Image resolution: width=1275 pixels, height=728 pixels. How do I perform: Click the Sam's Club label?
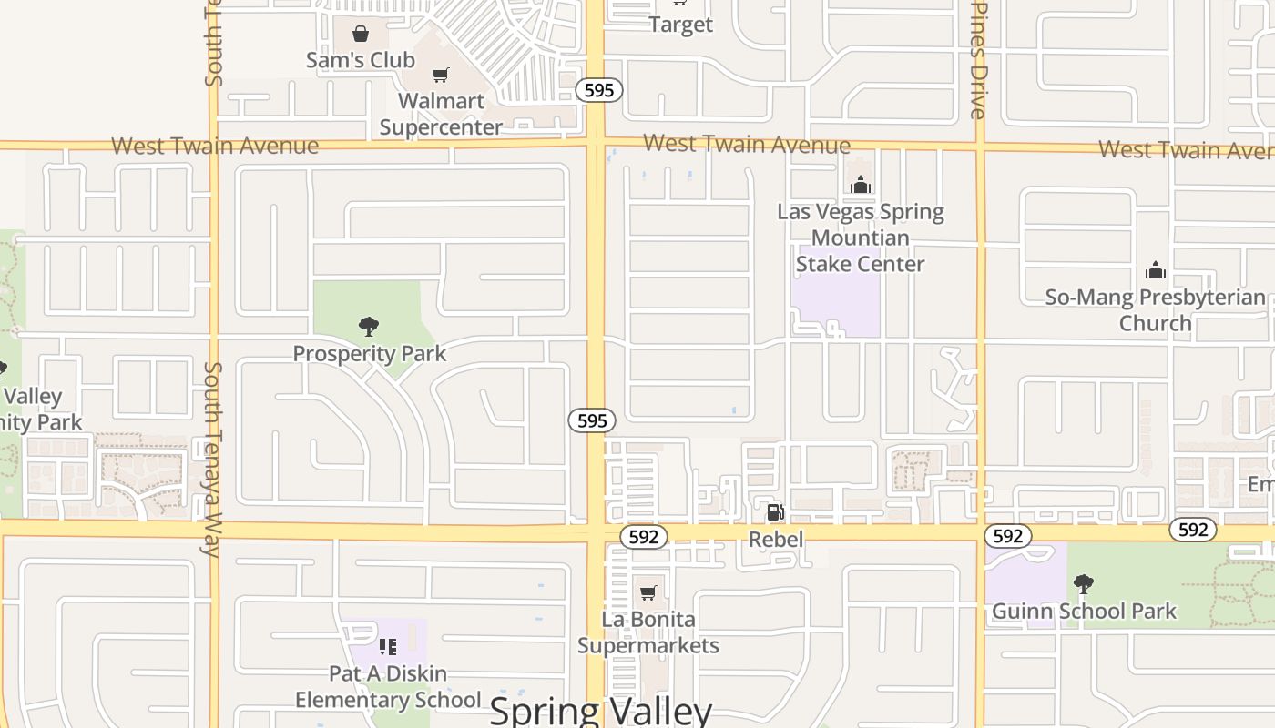coord(361,60)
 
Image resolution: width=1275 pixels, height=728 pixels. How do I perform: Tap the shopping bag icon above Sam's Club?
coord(361,35)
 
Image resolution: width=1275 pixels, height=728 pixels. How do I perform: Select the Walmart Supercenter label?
coord(441,114)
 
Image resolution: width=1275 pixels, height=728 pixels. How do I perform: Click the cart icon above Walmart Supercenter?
coord(441,75)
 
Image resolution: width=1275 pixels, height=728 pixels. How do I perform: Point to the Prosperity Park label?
coord(369,353)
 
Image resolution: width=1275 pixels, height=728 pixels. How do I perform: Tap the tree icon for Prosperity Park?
coord(369,326)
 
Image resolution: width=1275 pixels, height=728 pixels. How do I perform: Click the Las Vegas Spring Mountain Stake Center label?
coord(861,238)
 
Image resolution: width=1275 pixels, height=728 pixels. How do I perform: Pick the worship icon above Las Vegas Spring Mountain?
coord(861,186)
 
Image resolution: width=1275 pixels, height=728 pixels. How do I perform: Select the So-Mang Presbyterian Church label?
coord(1155,309)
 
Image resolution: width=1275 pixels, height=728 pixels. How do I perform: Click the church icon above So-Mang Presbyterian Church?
coord(1156,270)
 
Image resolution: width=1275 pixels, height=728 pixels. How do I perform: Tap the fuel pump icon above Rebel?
coord(775,512)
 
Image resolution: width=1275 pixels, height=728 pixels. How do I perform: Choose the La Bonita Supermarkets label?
coord(648,632)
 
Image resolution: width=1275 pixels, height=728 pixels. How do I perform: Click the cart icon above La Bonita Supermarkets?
coord(648,593)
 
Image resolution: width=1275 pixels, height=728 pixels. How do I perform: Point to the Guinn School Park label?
coord(1084,611)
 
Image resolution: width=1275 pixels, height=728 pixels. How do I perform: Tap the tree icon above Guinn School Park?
coord(1083,583)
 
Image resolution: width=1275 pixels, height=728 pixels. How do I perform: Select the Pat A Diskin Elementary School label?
coord(388,686)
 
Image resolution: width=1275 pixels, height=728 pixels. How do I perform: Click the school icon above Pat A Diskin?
coord(388,647)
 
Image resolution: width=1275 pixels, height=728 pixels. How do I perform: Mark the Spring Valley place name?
coord(600,711)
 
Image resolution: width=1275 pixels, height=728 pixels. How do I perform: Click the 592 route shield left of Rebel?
coord(644,537)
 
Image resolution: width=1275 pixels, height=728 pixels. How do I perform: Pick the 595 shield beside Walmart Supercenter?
coord(598,90)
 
